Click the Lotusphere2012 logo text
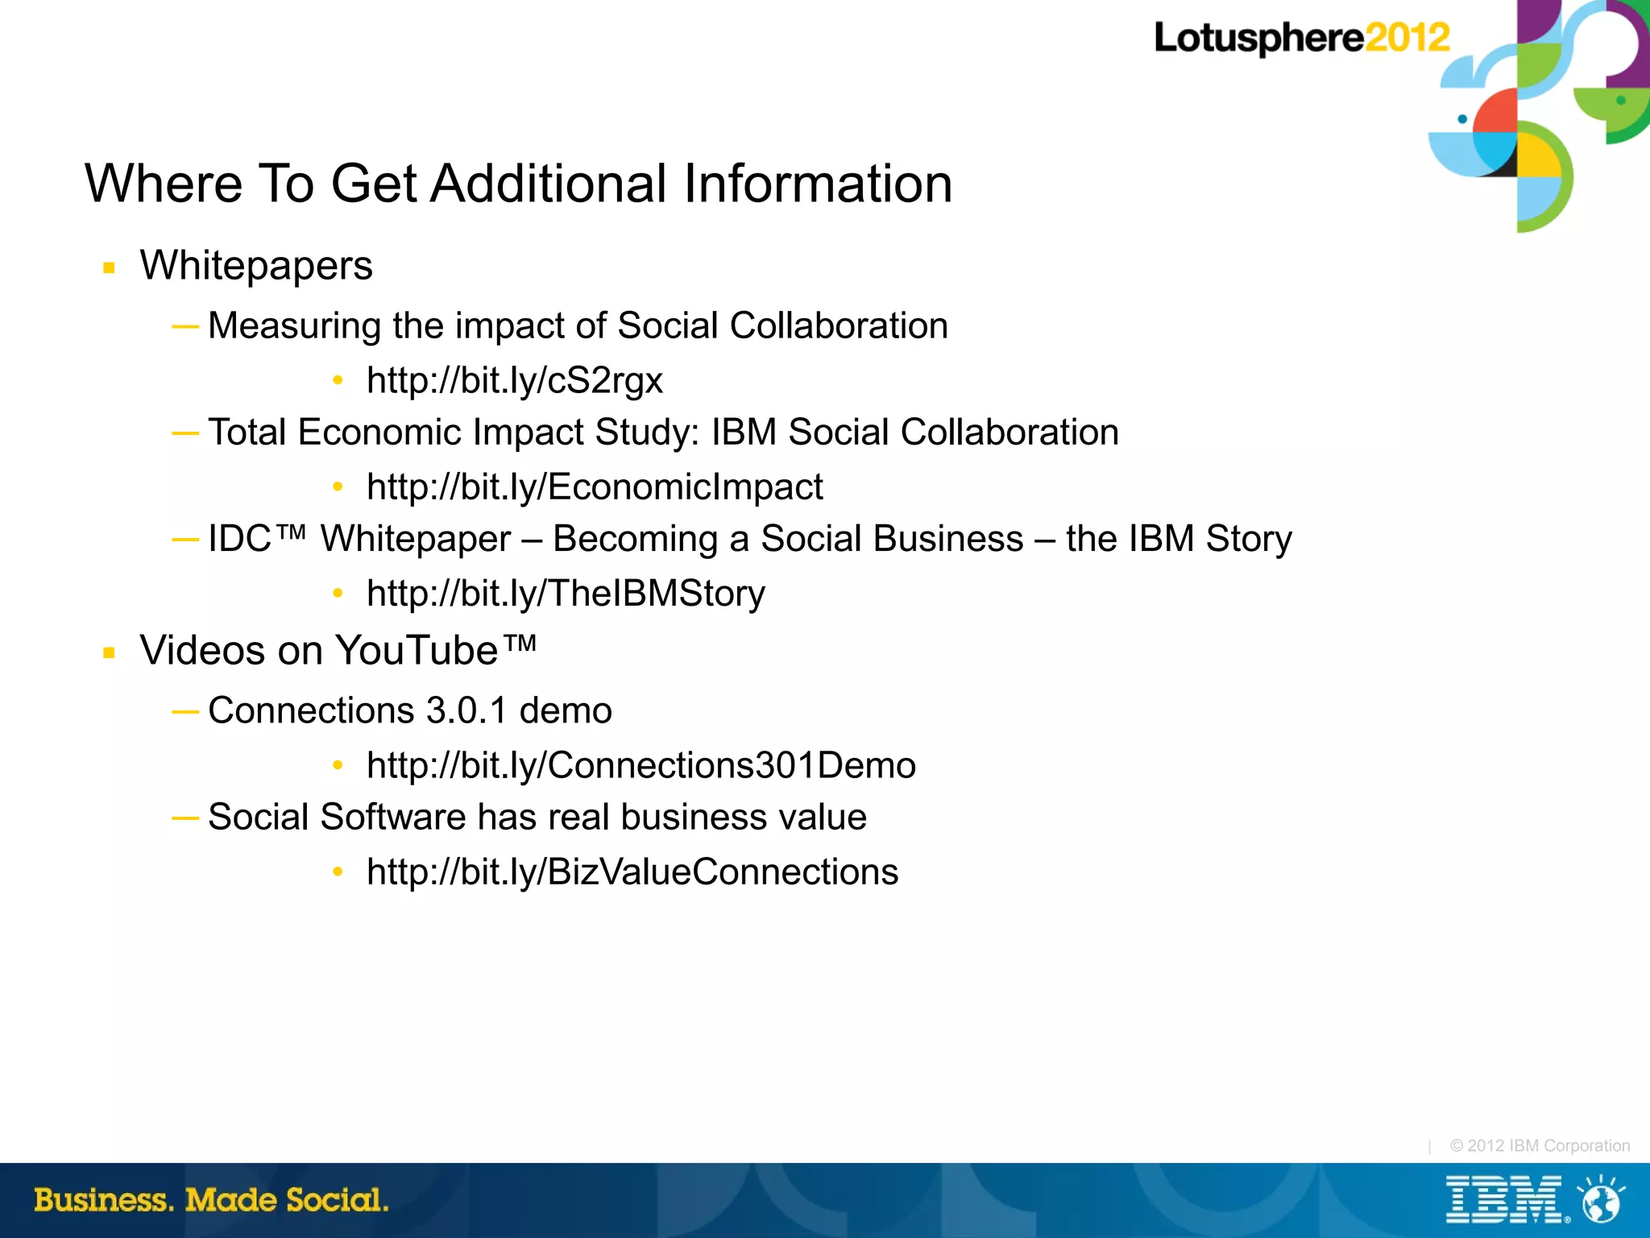pyautogui.click(x=1300, y=38)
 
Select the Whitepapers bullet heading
pyautogui.click(x=256, y=266)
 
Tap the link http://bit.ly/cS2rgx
pyautogui.click(x=514, y=380)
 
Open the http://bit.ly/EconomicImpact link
pyautogui.click(x=595, y=487)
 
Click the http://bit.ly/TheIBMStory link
pyautogui.click(x=566, y=594)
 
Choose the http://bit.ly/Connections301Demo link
pyautogui.click(x=641, y=765)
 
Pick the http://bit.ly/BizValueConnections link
pyautogui.click(x=632, y=872)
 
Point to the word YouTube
pyautogui.click(x=417, y=650)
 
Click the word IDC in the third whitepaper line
pyautogui.click(x=239, y=539)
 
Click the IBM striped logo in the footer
pyautogui.click(x=1503, y=1200)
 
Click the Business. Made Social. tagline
pyautogui.click(x=211, y=1200)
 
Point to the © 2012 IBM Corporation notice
pyautogui.click(x=1539, y=1145)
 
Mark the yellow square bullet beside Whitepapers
pyautogui.click(x=110, y=268)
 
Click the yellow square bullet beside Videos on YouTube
pyautogui.click(x=110, y=653)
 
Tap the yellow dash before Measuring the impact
pyautogui.click(x=185, y=326)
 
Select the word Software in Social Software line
pyautogui.click(x=392, y=818)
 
